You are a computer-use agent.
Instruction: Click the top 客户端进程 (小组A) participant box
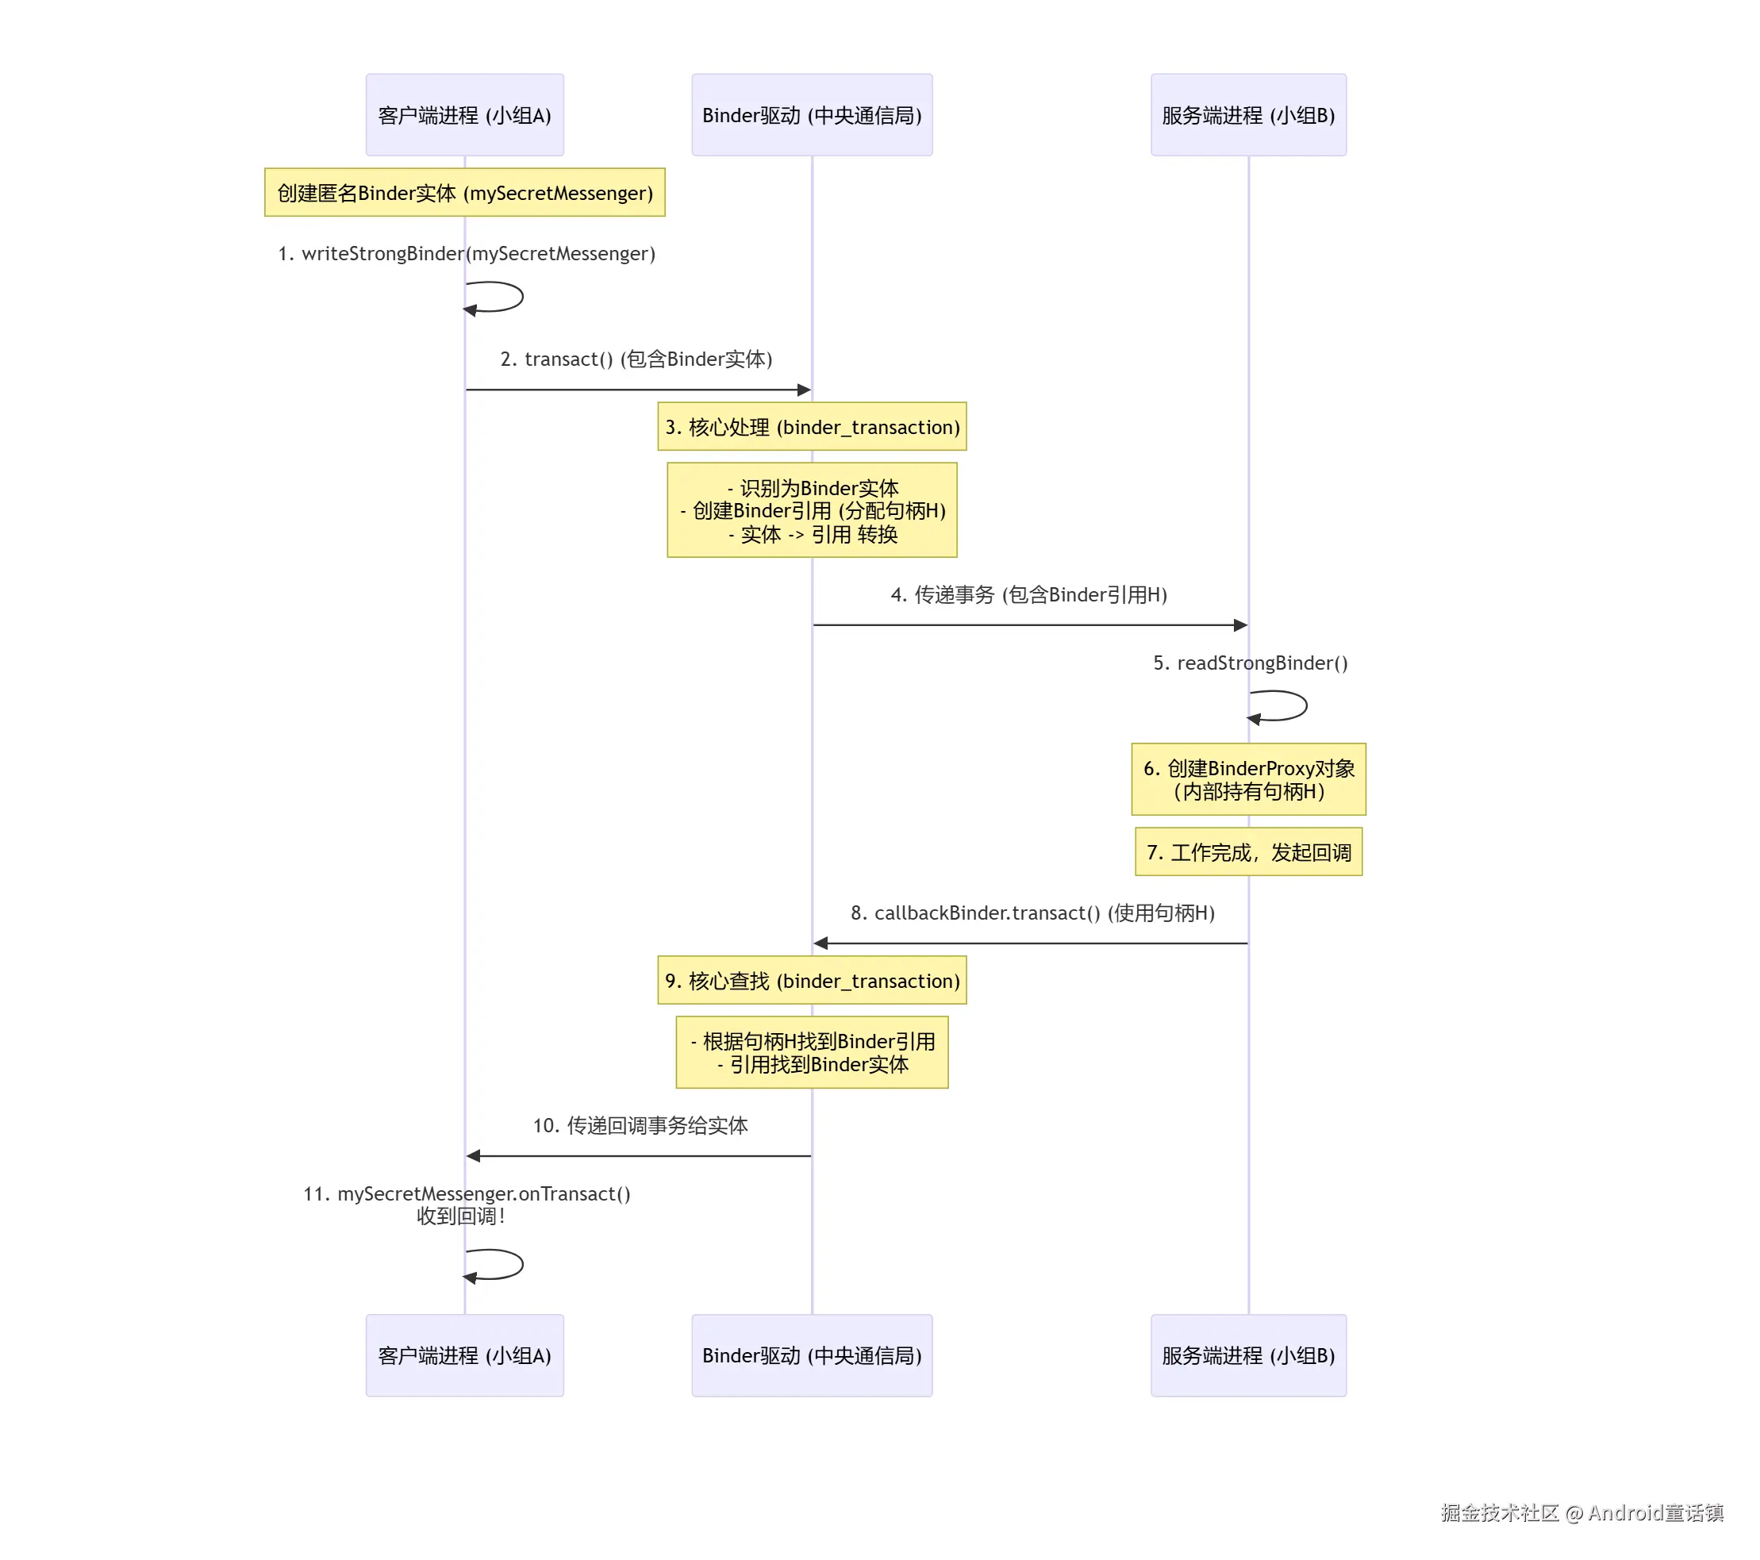(x=464, y=114)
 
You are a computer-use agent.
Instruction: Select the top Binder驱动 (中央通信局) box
(x=811, y=114)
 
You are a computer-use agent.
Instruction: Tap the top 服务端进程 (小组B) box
(x=1247, y=114)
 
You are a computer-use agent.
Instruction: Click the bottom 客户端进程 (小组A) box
(x=464, y=1354)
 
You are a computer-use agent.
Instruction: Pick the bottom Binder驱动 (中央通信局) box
(x=811, y=1354)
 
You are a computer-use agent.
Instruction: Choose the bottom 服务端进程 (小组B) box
(x=1247, y=1354)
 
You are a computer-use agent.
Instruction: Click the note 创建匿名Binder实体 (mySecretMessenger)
(x=464, y=192)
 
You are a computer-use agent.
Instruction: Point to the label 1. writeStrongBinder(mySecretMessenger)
(x=466, y=253)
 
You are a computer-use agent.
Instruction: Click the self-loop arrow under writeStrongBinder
(x=508, y=297)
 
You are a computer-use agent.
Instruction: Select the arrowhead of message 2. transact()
(x=805, y=390)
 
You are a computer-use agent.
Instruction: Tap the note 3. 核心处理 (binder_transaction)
(x=811, y=426)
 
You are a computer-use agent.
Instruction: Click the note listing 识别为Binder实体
(x=811, y=509)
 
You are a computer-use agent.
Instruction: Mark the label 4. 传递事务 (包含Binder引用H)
(x=1028, y=594)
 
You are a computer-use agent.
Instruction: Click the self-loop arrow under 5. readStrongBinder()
(x=1292, y=706)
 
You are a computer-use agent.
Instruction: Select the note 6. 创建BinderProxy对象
(x=1247, y=778)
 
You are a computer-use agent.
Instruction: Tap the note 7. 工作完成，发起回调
(x=1247, y=851)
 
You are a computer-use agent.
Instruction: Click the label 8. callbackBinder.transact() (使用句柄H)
(x=1032, y=913)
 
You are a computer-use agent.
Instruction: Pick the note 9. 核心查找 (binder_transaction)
(x=811, y=980)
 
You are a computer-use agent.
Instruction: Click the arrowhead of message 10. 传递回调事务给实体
(x=474, y=1155)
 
